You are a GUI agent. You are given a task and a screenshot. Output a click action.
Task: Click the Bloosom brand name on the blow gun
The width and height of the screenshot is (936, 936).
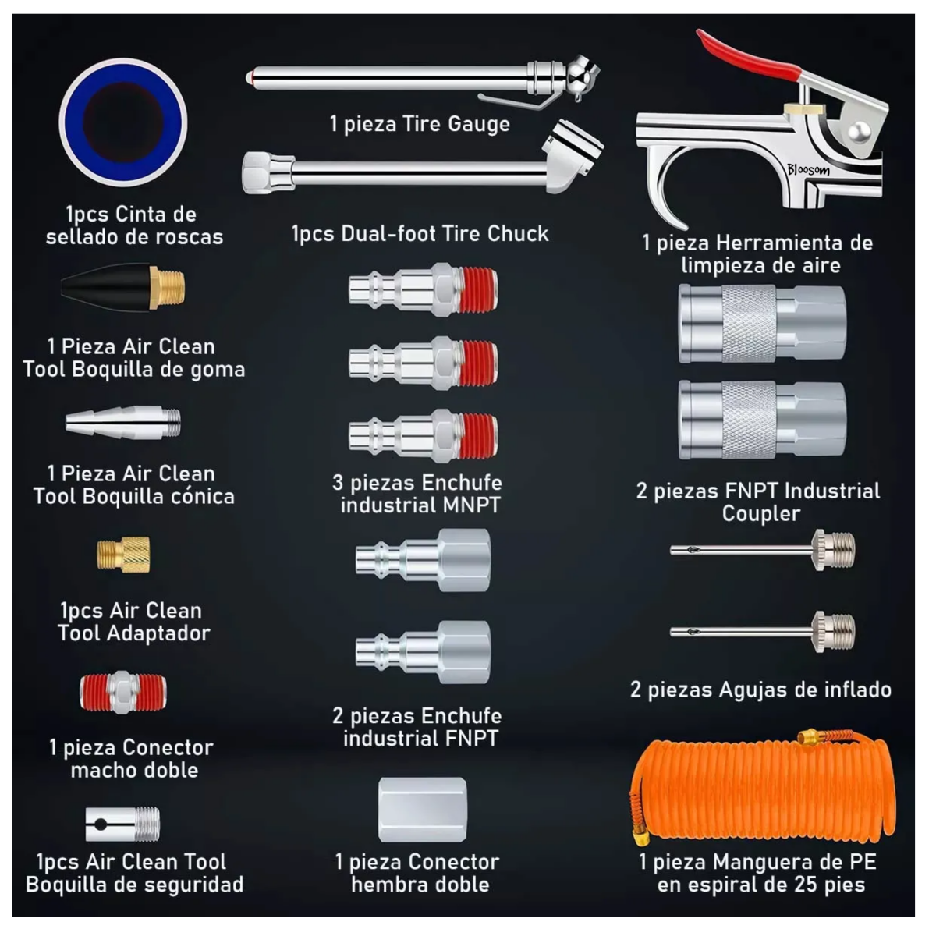click(808, 171)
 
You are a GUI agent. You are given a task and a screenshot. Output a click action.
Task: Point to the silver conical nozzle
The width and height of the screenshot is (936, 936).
click(123, 423)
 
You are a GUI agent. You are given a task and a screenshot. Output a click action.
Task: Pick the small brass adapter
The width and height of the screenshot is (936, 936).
click(123, 555)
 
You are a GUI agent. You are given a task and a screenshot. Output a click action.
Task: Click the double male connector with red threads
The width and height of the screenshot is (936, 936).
click(123, 692)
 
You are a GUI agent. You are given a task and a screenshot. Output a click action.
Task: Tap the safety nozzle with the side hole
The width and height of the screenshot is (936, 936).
click(122, 824)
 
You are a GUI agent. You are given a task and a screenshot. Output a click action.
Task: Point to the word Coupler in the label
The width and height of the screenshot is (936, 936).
click(760, 514)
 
